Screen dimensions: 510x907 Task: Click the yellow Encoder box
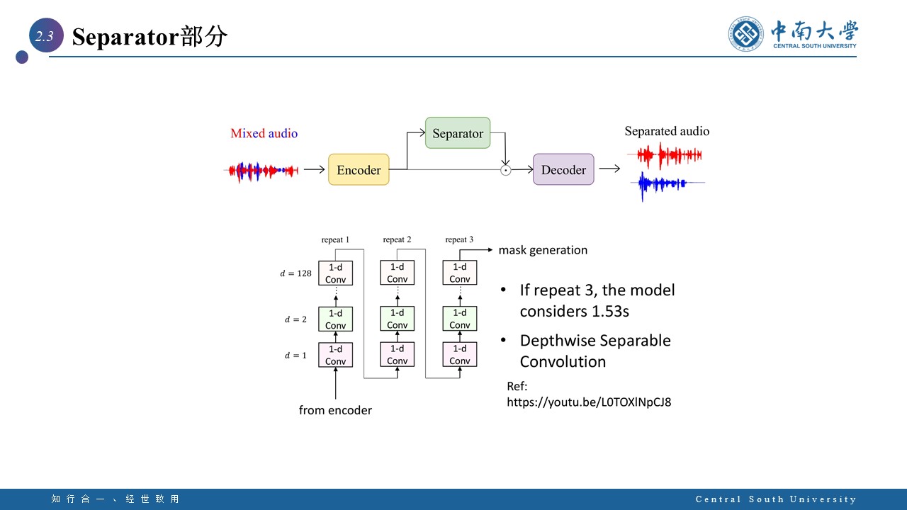point(359,170)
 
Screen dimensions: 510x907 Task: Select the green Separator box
point(458,133)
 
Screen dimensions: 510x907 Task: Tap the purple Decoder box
point(563,170)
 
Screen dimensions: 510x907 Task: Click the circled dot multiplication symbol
point(505,170)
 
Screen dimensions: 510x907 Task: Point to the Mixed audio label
point(264,133)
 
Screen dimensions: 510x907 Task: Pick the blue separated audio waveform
point(662,184)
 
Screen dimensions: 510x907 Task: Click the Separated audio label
point(666,131)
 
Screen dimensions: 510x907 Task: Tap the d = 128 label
point(295,273)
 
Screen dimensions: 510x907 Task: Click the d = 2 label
point(295,319)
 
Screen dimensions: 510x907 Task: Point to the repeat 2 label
point(397,240)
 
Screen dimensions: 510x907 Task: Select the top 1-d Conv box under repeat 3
point(460,273)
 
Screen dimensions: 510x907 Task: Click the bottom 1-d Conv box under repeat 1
point(335,355)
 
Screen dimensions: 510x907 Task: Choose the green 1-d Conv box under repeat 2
point(398,319)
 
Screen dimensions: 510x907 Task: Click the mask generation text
point(543,250)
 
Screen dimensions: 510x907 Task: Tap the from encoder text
point(335,410)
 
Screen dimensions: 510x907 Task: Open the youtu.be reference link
point(589,402)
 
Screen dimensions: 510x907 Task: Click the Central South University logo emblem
point(747,34)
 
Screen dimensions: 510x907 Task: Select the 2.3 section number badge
point(45,37)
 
